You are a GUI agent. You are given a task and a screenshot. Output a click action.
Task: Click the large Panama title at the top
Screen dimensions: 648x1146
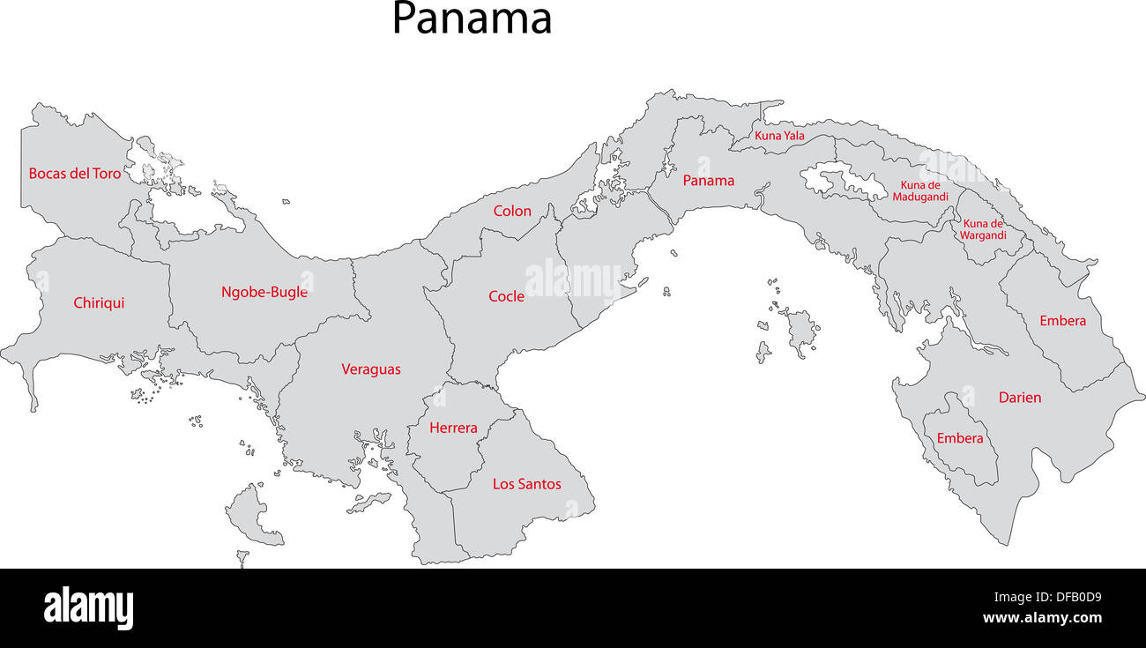[472, 19]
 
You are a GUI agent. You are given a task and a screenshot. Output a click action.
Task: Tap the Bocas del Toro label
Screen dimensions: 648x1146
[75, 174]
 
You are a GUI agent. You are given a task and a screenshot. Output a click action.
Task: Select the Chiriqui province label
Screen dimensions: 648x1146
[99, 303]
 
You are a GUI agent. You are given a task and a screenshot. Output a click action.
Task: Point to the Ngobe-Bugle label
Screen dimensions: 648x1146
[264, 292]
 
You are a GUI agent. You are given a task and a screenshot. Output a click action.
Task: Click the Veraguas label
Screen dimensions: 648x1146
[371, 369]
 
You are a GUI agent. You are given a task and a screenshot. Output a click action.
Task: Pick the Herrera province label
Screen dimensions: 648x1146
[453, 428]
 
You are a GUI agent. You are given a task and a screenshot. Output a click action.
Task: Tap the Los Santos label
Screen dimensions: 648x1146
[526, 484]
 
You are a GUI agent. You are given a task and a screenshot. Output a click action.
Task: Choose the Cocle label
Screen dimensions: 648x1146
[506, 296]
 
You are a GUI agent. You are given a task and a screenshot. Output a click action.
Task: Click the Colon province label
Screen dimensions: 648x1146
[512, 211]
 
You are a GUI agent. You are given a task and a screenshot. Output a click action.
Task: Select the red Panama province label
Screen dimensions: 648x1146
[709, 181]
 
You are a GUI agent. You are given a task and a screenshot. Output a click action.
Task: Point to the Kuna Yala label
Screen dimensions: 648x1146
[779, 136]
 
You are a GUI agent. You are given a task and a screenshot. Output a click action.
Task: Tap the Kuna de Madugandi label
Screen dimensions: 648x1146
[920, 191]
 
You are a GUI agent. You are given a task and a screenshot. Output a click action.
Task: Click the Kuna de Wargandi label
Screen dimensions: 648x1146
[983, 229]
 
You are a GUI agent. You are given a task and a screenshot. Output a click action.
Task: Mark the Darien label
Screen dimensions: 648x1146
[1020, 398]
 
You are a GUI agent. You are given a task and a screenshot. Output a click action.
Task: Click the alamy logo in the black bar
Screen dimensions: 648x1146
[88, 608]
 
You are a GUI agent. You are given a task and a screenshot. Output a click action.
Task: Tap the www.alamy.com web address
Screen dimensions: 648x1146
[1041, 618]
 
